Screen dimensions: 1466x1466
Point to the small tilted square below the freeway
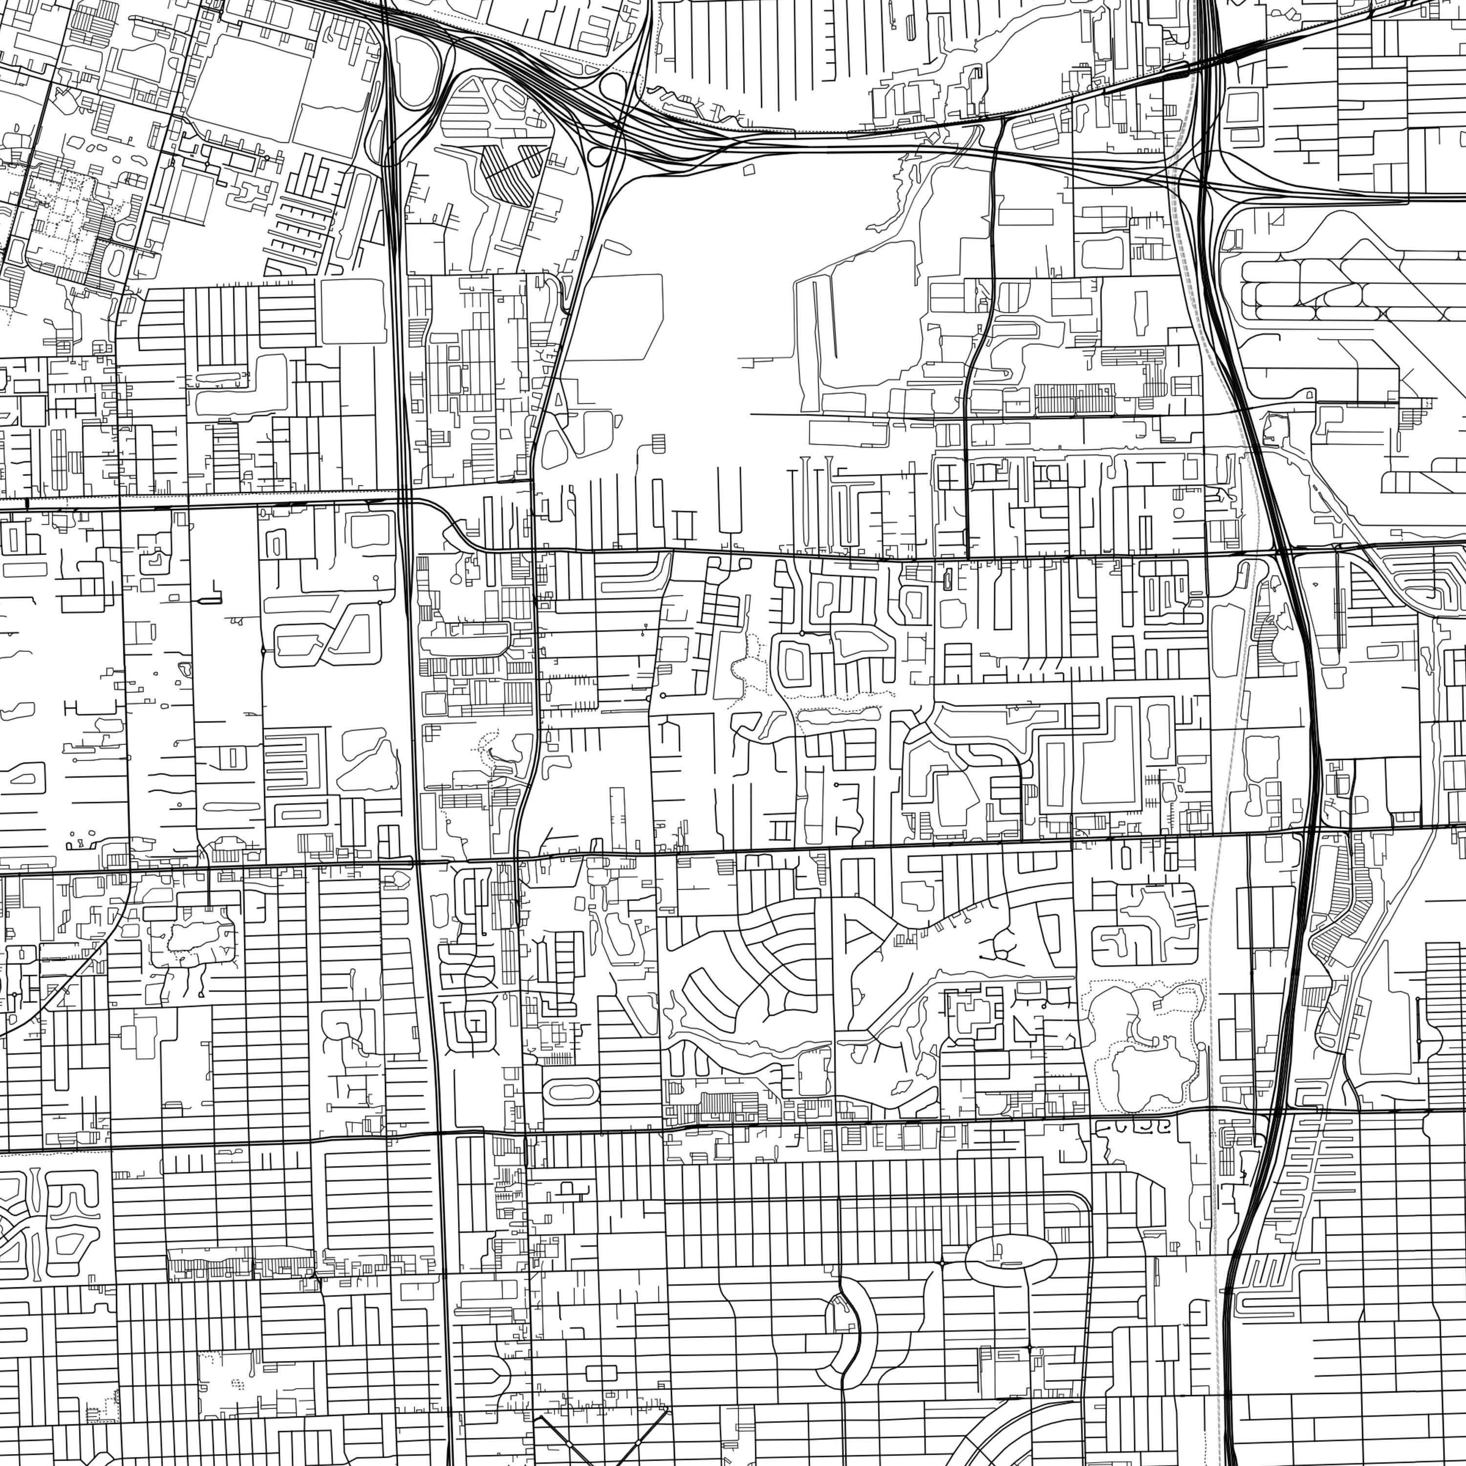pyautogui.click(x=749, y=170)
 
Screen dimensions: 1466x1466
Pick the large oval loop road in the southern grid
pyautogui.click(x=1010, y=1260)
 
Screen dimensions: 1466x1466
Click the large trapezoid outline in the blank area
pyautogui.click(x=613, y=317)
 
